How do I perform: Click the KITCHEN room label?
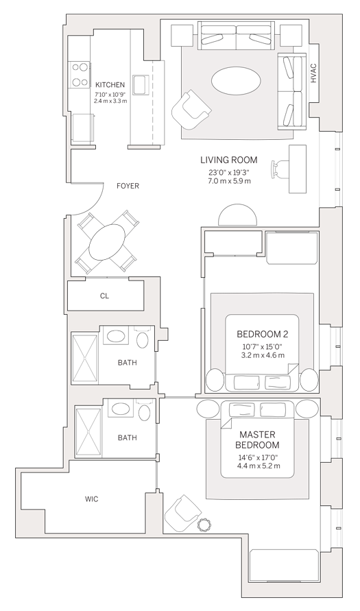click(x=110, y=84)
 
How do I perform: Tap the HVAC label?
click(x=313, y=73)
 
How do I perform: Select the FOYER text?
click(x=128, y=187)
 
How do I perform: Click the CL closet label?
click(x=104, y=296)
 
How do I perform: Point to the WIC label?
click(x=91, y=499)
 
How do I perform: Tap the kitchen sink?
click(x=139, y=84)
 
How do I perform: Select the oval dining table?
click(x=108, y=241)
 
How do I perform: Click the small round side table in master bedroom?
click(x=204, y=525)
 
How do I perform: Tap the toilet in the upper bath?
click(x=143, y=337)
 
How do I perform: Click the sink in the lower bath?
click(x=118, y=409)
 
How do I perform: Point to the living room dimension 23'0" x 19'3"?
click(x=229, y=173)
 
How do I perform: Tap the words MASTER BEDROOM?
click(x=257, y=440)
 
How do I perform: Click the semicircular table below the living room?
click(x=238, y=215)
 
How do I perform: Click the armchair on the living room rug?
click(x=191, y=110)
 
